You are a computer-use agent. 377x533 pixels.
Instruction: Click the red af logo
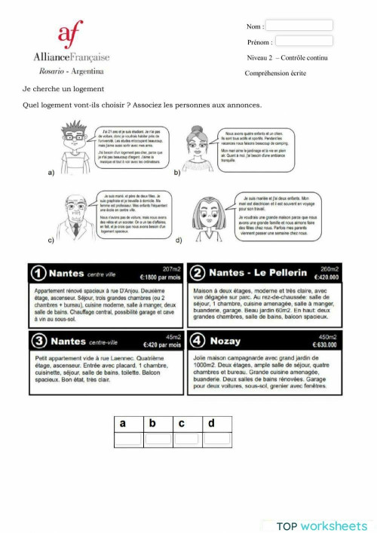coord(71,35)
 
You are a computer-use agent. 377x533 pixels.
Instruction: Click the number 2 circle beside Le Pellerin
coord(198,272)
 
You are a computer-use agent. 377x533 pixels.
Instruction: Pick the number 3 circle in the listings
coord(40,342)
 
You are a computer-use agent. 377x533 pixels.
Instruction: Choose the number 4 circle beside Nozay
coord(198,342)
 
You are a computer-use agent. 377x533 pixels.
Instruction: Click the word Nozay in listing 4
coord(226,342)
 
